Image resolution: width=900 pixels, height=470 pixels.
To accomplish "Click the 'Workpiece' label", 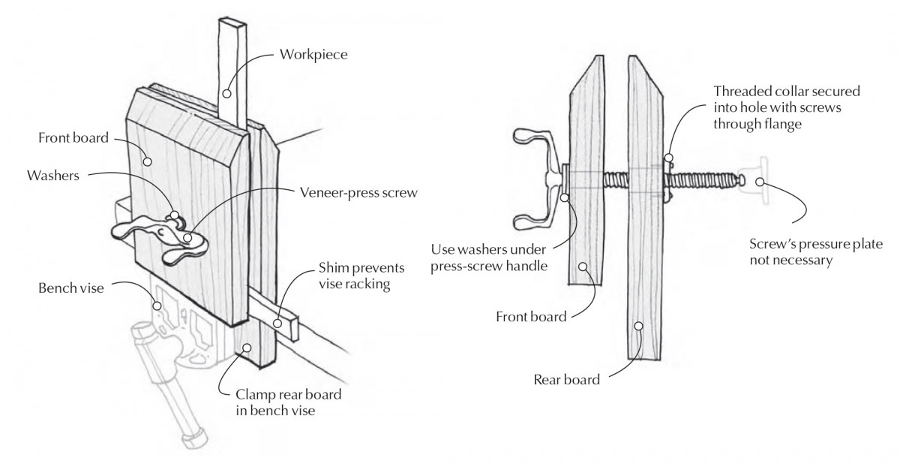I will tap(313, 55).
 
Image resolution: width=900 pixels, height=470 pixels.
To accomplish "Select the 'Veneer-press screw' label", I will tap(358, 192).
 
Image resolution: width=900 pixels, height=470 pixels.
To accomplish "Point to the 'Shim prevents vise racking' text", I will tap(361, 276).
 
